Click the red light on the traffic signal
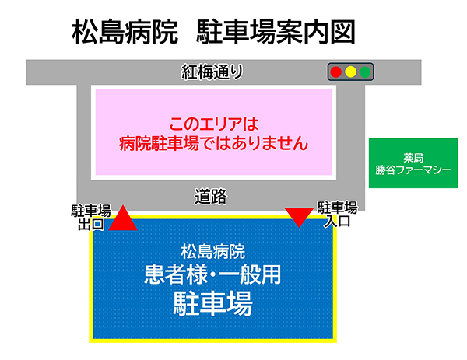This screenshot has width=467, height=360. pyautogui.click(x=336, y=72)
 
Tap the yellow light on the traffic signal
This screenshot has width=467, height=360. pyautogui.click(x=350, y=72)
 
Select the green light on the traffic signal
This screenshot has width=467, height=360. pyautogui.click(x=365, y=72)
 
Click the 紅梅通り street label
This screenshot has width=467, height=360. pyautogui.click(x=212, y=72)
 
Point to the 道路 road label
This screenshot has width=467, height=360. pyautogui.click(x=211, y=197)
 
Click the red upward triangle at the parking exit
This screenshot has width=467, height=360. pyautogui.click(x=123, y=218)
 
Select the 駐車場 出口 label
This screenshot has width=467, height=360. pyautogui.click(x=91, y=218)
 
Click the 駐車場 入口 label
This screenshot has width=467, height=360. pyautogui.click(x=337, y=215)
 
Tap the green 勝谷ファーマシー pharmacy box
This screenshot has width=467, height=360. pyautogui.click(x=413, y=163)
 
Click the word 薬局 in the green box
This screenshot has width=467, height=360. pyautogui.click(x=413, y=158)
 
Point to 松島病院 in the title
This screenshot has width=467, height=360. pyautogui.click(x=125, y=32)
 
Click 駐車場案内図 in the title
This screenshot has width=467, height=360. pyautogui.click(x=276, y=32)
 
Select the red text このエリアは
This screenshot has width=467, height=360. pyautogui.click(x=213, y=124)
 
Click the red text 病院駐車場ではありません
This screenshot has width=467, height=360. pyautogui.click(x=213, y=143)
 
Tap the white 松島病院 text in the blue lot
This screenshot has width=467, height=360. pyautogui.click(x=213, y=252)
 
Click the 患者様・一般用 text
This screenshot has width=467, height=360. pyautogui.click(x=212, y=274)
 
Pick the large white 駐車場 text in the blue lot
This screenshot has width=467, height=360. pyautogui.click(x=212, y=303)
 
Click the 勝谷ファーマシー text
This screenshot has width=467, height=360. pyautogui.click(x=413, y=170)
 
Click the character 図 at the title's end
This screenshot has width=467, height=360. pyautogui.click(x=342, y=32)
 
